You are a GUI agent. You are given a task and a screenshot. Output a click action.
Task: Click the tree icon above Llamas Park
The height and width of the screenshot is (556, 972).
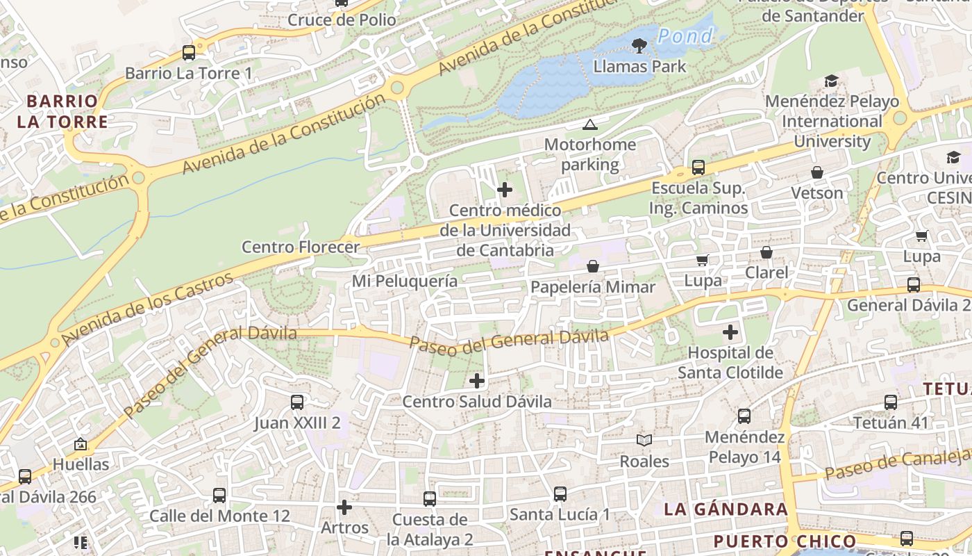(x=639, y=46)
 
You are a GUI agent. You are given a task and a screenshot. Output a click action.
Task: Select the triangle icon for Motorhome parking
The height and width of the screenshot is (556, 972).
(x=590, y=125)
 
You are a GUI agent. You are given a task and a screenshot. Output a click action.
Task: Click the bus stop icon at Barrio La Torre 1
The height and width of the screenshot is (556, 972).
(x=188, y=52)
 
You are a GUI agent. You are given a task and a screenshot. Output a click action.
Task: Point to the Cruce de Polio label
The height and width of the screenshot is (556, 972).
(x=342, y=20)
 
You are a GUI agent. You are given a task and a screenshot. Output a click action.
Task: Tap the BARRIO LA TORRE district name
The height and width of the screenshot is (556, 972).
(x=62, y=112)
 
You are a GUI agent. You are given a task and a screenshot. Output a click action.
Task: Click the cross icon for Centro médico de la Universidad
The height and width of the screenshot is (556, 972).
(x=505, y=189)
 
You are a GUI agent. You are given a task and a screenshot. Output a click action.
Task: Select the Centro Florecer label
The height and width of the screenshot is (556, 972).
(x=301, y=247)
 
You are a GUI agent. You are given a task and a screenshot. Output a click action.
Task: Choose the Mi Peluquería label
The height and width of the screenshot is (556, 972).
(x=405, y=281)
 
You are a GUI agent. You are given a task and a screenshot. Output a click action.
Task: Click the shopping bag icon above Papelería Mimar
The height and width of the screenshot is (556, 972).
(x=593, y=266)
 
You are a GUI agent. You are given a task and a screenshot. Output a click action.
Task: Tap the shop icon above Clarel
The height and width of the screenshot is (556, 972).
(x=766, y=252)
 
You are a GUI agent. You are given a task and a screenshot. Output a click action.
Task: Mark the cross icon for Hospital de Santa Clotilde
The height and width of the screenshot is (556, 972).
(x=730, y=332)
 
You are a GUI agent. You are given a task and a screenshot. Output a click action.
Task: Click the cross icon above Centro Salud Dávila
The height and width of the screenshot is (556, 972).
(x=477, y=380)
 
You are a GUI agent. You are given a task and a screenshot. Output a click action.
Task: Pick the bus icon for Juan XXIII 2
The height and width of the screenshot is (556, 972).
(x=297, y=402)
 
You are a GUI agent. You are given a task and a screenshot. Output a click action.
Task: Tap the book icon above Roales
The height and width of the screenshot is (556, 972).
(x=644, y=440)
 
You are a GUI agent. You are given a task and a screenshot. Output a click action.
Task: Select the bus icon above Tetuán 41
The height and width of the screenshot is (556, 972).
(x=891, y=402)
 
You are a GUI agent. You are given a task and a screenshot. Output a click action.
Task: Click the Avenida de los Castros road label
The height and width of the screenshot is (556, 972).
(x=147, y=310)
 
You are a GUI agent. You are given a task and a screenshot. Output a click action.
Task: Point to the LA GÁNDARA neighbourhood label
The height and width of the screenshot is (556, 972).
(x=726, y=509)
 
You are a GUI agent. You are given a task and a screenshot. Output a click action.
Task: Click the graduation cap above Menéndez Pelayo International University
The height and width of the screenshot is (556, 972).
(x=831, y=81)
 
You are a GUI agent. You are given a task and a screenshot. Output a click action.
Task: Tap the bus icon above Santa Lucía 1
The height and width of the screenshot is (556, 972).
(x=560, y=493)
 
